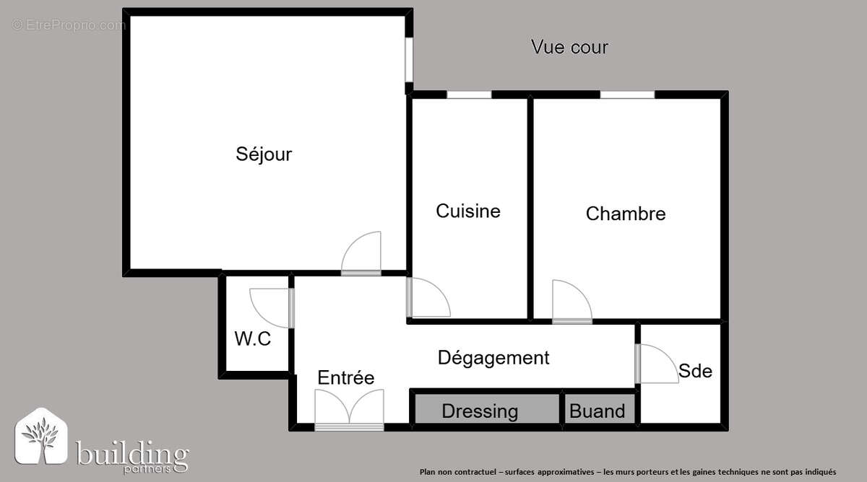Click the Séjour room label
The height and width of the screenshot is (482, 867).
click(264, 154)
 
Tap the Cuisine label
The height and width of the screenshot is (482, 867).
click(468, 211)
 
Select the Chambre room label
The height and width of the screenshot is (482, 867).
click(626, 214)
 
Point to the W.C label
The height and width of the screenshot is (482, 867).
click(253, 338)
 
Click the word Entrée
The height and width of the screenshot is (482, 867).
click(346, 377)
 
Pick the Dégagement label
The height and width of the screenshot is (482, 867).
click(493, 357)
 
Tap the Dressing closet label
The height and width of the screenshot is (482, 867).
click(480, 411)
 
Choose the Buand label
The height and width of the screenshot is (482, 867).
click(598, 411)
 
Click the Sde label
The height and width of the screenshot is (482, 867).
click(695, 371)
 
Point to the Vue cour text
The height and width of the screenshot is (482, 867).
click(569, 48)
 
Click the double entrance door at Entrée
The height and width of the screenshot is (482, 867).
click(350, 410)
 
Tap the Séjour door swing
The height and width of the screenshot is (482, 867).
click(362, 253)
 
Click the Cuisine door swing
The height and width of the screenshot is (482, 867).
click(428, 298)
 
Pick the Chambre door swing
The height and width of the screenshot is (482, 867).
click(571, 302)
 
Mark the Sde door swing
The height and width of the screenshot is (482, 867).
click(657, 364)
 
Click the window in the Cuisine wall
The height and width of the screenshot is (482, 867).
click(469, 95)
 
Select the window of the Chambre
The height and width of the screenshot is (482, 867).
click(627, 95)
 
